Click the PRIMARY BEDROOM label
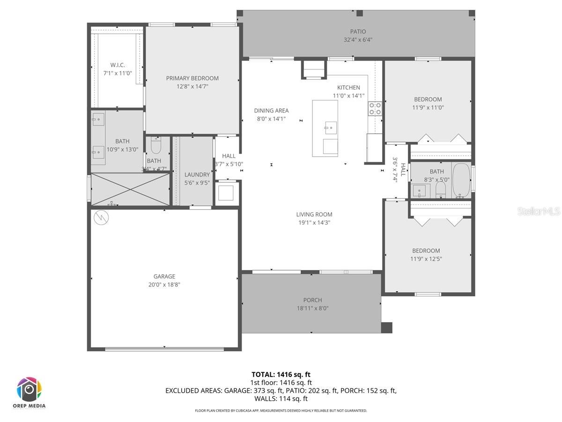pos(192,78)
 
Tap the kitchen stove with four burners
pos(375,109)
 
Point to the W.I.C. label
pos(118,65)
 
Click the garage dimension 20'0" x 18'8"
pos(164,285)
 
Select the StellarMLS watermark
pos(538,212)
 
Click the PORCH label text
pos(312,300)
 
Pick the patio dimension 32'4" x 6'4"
pos(358,40)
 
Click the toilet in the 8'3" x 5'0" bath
pos(440,189)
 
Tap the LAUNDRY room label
pos(197,174)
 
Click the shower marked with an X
pos(130,189)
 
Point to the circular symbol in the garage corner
pos(100,217)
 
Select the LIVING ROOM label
pos(314,214)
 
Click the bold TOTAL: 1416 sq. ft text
pos(281,374)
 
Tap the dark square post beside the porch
pos(386,328)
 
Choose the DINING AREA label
pos(271,111)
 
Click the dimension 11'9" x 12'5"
pos(426,259)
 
